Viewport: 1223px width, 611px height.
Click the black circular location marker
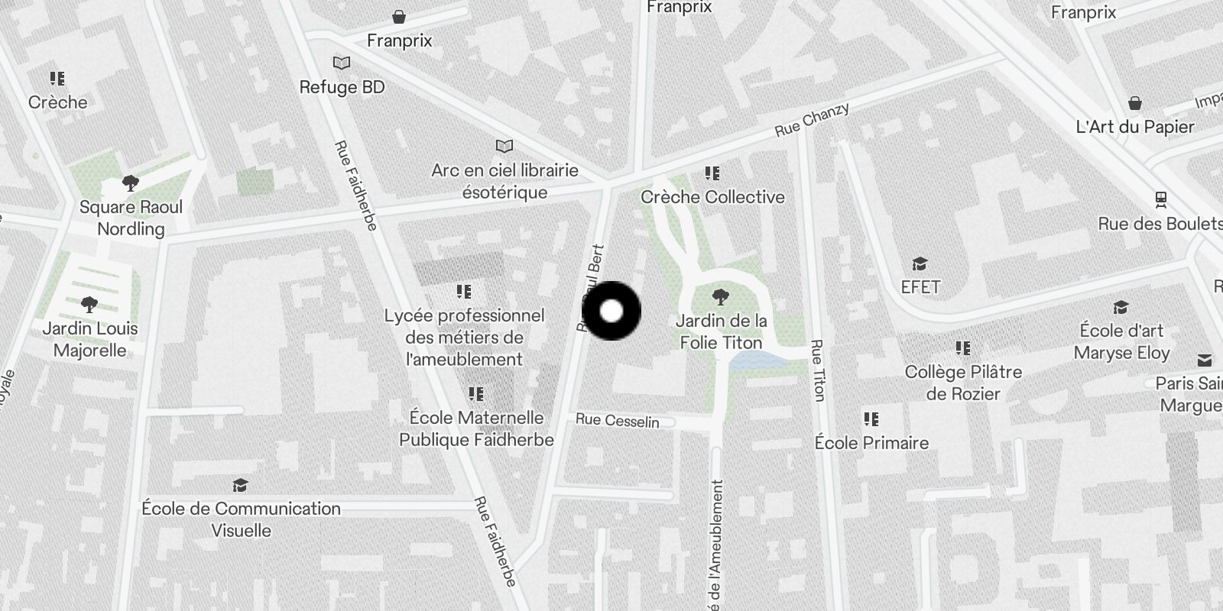611,311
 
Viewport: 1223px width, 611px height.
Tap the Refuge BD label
342,87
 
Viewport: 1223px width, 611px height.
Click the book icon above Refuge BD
342,63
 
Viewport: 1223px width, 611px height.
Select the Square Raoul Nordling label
131,218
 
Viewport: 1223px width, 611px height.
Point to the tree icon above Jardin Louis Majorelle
89,305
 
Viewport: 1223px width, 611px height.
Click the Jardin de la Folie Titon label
722,331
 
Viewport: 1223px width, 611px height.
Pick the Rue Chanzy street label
812,120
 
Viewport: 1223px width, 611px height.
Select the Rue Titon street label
818,370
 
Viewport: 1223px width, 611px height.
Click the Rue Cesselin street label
617,420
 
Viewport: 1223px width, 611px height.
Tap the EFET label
920,287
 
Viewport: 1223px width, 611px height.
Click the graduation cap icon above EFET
920,264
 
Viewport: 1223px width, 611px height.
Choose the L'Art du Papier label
1134,127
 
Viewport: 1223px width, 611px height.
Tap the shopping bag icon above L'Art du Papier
1135,103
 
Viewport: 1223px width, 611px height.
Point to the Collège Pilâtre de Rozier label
963,383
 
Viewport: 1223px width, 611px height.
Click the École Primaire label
871,443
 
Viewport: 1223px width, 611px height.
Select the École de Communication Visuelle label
241,519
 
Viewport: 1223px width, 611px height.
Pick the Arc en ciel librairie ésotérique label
504,181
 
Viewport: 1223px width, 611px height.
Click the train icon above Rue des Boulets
1161,200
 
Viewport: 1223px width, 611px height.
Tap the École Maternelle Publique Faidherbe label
476,428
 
